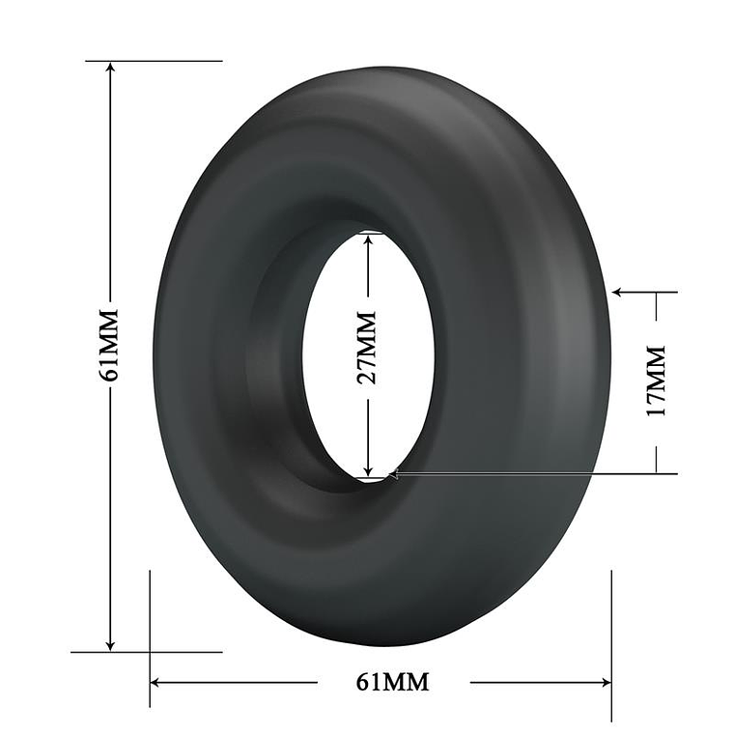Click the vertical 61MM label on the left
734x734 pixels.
tap(109, 345)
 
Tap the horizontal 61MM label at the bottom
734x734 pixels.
tap(392, 682)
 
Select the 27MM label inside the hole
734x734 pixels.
tap(367, 348)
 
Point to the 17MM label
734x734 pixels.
tap(658, 380)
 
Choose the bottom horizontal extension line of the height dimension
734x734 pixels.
tap(145, 652)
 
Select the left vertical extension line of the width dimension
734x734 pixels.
tap(150, 628)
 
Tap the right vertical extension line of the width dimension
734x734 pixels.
tap(611, 628)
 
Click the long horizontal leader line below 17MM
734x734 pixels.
tap(541, 473)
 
